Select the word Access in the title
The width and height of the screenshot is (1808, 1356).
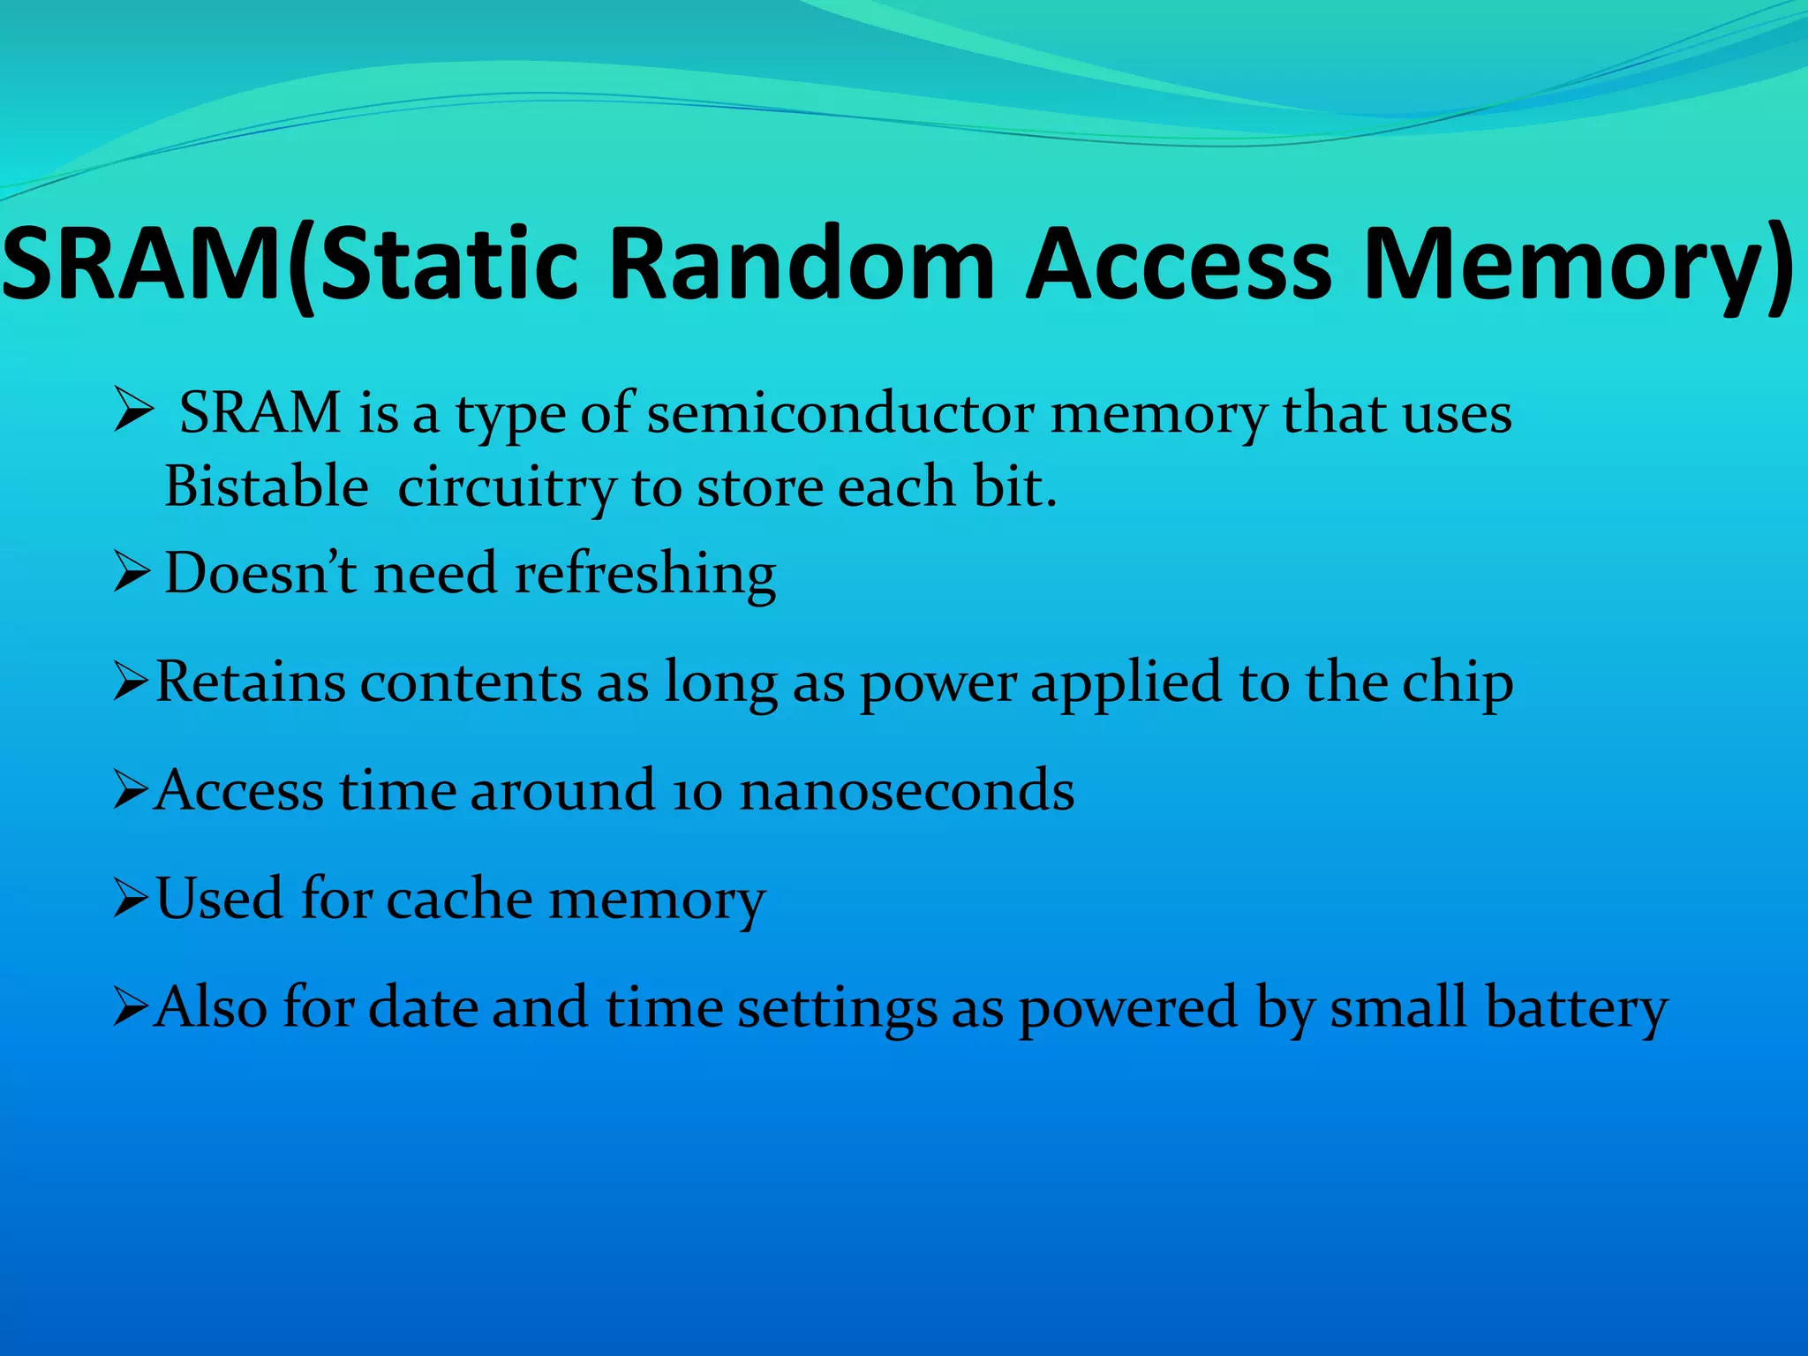pyautogui.click(x=1179, y=263)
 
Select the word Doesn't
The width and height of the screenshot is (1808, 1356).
pyautogui.click(x=260, y=573)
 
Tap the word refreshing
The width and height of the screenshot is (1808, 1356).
pyautogui.click(x=645, y=575)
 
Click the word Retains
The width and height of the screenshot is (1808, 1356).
pyautogui.click(x=251, y=682)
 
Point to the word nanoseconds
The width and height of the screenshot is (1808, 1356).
pyautogui.click(x=907, y=790)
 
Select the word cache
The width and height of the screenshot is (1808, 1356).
pyautogui.click(x=459, y=900)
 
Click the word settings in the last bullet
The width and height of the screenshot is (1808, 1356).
pyautogui.click(x=837, y=1009)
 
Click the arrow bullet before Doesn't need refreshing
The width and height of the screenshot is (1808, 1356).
pyautogui.click(x=132, y=574)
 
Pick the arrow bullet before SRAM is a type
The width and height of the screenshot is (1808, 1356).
pyautogui.click(x=133, y=412)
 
